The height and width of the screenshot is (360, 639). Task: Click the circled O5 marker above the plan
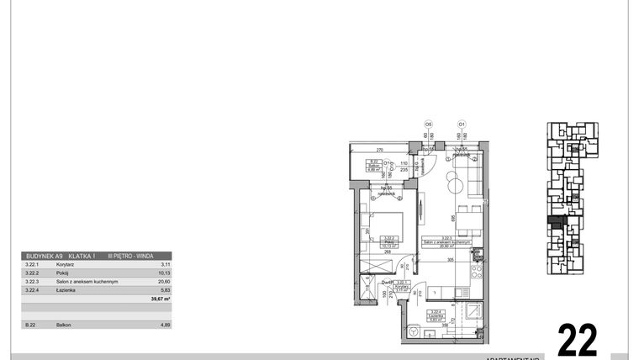pos(428,124)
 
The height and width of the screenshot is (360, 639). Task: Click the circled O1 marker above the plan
pos(462,124)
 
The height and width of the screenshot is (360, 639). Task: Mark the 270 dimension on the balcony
pos(379,149)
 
